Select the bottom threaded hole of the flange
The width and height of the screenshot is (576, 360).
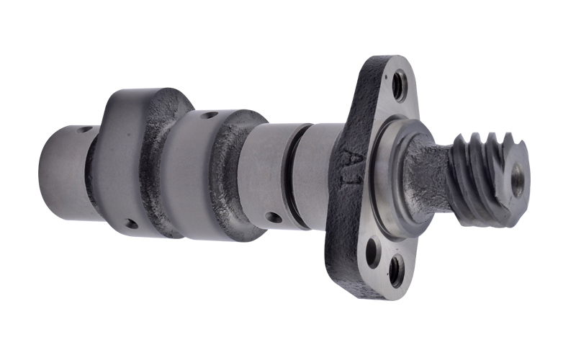click(397, 272)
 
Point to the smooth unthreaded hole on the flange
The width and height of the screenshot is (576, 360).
click(374, 252)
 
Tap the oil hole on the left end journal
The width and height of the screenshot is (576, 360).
click(85, 130)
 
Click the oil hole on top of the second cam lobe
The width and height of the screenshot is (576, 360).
click(209, 116)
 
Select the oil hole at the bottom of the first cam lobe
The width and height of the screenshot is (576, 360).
click(131, 223)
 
